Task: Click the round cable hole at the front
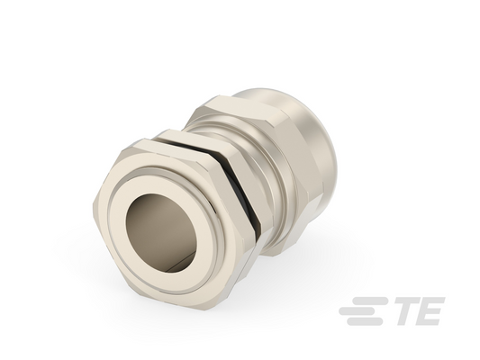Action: (161, 232)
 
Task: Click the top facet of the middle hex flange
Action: (196, 138)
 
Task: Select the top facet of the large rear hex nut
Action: (242, 110)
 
